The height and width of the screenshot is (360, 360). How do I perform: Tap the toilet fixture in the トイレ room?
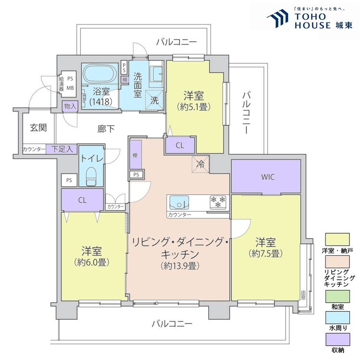(91, 176)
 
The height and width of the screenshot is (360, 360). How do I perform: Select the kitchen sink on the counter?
(180, 203)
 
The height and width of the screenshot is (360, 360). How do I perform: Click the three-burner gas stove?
(217, 202)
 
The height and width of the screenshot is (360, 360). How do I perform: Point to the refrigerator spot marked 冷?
(201, 164)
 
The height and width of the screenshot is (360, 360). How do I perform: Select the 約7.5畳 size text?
(265, 253)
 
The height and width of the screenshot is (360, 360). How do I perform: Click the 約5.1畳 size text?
(194, 107)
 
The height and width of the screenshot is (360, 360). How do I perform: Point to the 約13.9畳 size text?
(180, 265)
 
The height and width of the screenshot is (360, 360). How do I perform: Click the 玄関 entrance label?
(38, 128)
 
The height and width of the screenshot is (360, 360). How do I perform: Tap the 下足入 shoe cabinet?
(61, 149)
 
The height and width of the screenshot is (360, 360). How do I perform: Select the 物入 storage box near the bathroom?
(70, 106)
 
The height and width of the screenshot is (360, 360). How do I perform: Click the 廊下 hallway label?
(106, 129)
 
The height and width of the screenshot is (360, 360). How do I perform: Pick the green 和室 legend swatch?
(337, 297)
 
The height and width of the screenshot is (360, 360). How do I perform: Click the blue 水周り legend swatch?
(337, 318)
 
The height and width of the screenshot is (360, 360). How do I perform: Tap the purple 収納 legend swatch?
(337, 339)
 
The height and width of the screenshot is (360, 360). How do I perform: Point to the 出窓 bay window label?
(303, 295)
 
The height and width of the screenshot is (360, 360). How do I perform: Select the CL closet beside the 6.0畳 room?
(82, 200)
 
